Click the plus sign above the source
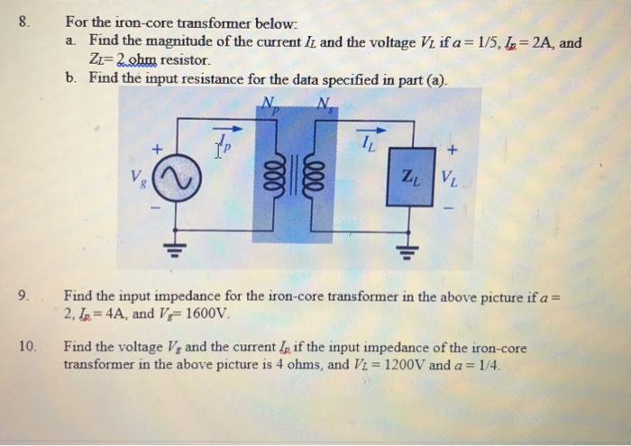point(157,147)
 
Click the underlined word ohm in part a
point(132,60)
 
